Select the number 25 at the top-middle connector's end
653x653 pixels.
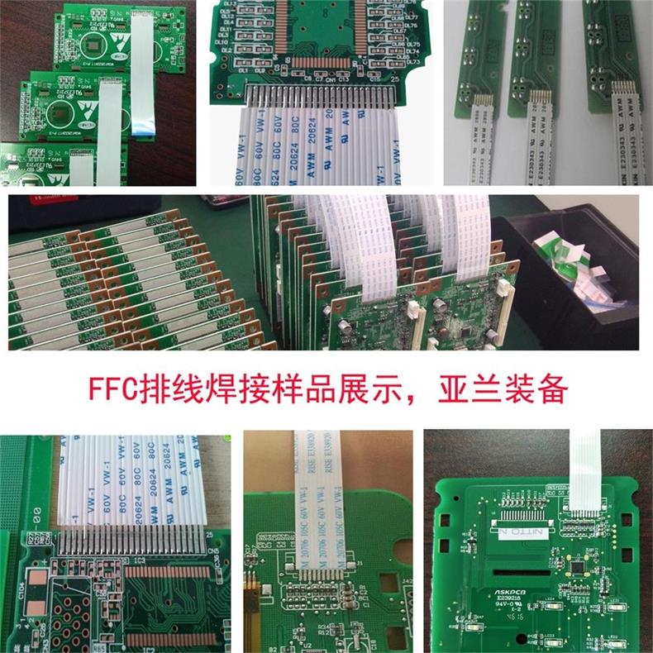(396, 80)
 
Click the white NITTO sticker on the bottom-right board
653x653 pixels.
(526, 527)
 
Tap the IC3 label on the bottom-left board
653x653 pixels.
(139, 561)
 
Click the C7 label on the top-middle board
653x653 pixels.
(319, 79)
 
